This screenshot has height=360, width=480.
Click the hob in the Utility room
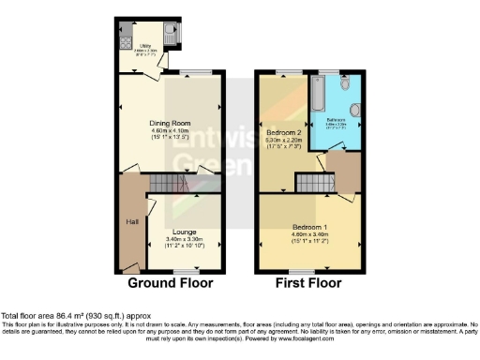(x=126, y=38)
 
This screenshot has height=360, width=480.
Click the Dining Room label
(x=171, y=123)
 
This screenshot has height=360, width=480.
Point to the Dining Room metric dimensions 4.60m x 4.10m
(x=171, y=131)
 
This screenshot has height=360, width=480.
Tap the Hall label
(x=133, y=222)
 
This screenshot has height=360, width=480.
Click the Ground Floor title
(x=170, y=282)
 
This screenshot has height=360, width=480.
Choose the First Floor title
(x=308, y=282)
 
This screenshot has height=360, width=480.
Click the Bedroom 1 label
(x=308, y=227)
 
